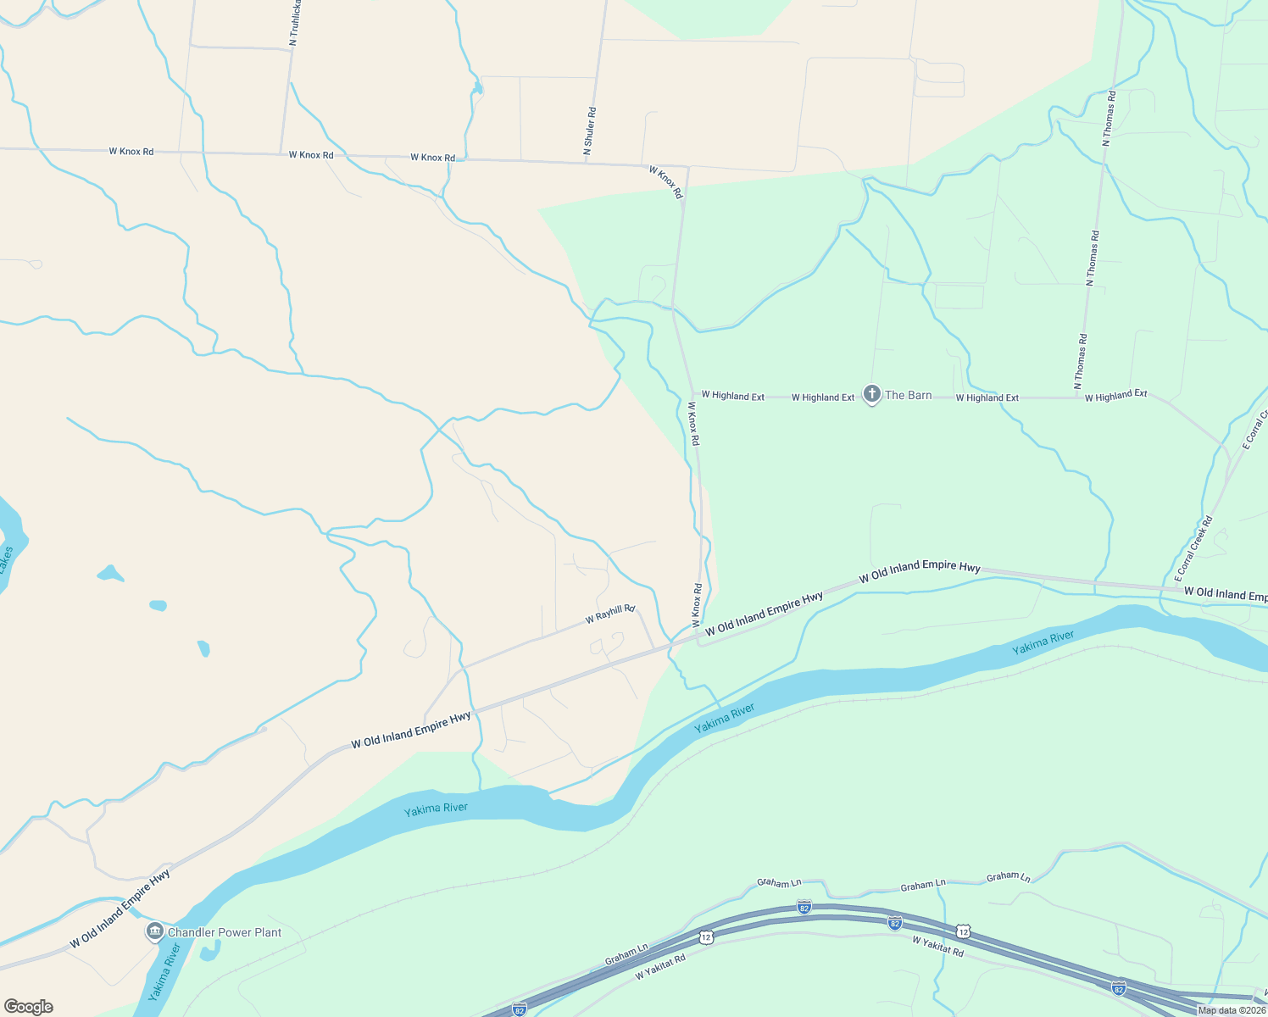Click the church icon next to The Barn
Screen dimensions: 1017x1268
[871, 394]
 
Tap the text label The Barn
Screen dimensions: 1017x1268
[908, 395]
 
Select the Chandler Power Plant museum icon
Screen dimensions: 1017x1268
[154, 932]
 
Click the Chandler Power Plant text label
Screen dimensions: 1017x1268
[225, 932]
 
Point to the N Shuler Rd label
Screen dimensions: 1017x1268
[590, 131]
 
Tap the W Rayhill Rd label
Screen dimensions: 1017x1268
[609, 614]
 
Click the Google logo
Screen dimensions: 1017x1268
[28, 1006]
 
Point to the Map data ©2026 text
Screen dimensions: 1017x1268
[1232, 1010]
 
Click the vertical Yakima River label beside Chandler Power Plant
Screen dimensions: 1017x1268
[164, 973]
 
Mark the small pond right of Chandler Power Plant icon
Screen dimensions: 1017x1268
[209, 951]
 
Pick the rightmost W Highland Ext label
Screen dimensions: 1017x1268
[1115, 396]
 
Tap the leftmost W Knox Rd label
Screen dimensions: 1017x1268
[131, 152]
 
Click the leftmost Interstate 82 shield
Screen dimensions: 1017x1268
[520, 1009]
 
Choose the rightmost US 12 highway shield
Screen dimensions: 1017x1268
[963, 931]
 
